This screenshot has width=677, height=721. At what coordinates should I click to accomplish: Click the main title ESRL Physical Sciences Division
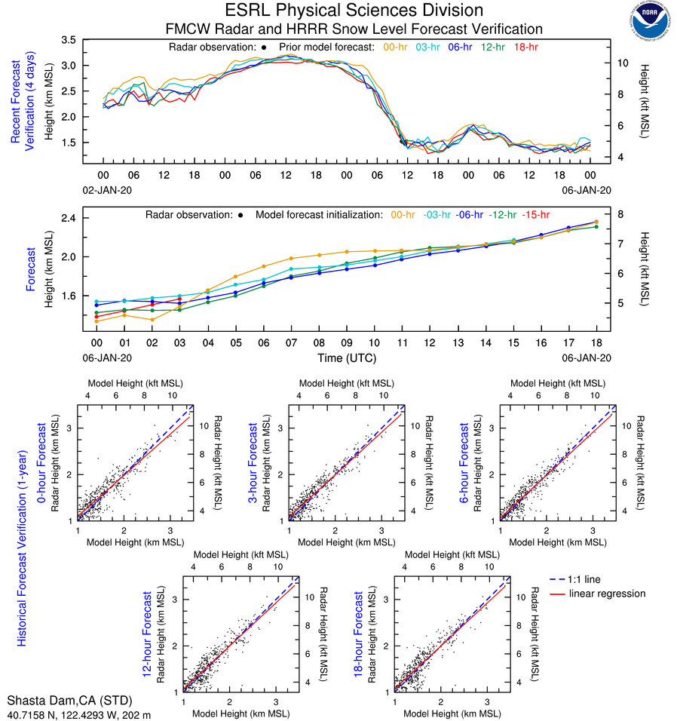(354, 11)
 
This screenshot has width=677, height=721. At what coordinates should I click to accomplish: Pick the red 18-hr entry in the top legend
(525, 47)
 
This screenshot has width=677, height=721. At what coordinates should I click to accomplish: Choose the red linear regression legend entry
(607, 594)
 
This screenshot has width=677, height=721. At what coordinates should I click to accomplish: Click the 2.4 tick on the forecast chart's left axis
(71, 218)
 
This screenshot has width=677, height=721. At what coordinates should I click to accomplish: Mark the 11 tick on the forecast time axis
(403, 342)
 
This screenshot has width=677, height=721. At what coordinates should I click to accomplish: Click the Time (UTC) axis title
(348, 357)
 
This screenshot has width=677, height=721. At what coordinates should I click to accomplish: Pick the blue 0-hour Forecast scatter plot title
(43, 462)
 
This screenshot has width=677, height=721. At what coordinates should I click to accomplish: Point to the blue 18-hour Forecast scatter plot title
(360, 634)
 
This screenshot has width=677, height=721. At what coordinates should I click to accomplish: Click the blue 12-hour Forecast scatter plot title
(149, 634)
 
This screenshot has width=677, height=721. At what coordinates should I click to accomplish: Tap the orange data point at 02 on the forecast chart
(152, 319)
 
